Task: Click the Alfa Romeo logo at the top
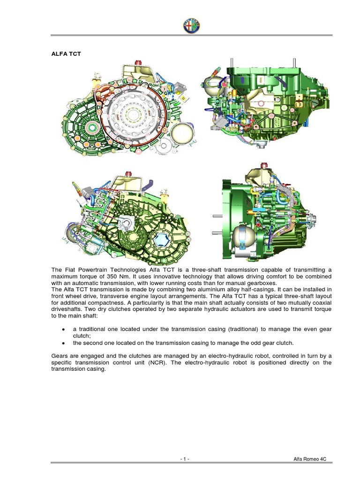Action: tap(191, 25)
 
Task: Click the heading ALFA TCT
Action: tap(66, 54)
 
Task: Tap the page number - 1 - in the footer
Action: tap(185, 459)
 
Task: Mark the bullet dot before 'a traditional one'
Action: tap(63, 330)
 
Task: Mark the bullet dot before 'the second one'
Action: tap(63, 343)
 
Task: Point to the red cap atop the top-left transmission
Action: tap(138, 62)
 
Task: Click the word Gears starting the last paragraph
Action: tap(60, 356)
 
